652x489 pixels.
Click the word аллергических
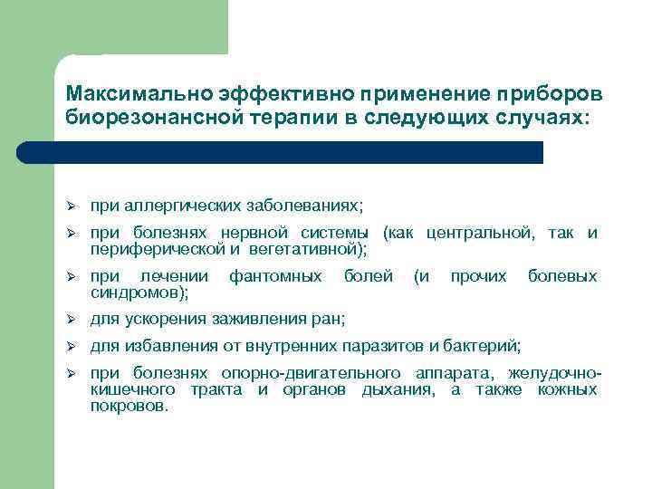click(x=172, y=206)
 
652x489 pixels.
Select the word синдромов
click(x=137, y=292)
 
